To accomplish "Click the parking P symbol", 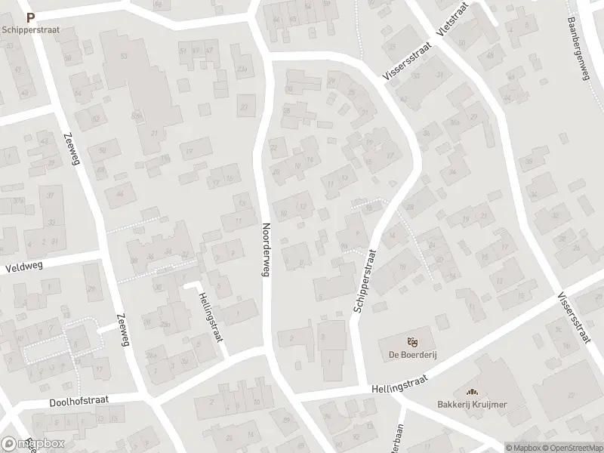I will [30, 17].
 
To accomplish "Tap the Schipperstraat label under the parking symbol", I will [30, 30].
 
